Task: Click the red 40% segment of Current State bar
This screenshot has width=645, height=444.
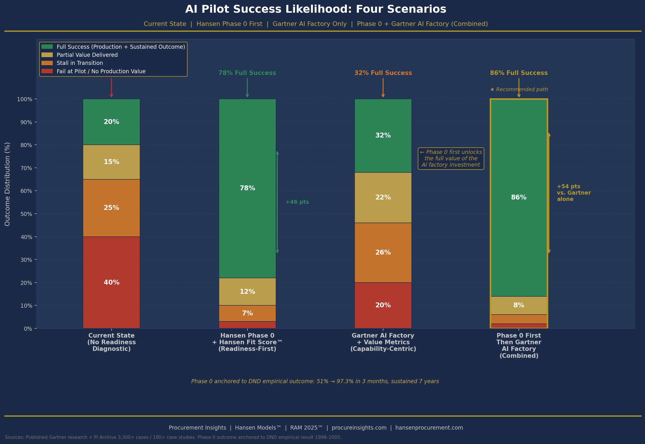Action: click(111, 282)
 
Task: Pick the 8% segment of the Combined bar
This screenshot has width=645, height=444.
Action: click(519, 305)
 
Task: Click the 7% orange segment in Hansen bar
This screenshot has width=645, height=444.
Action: click(247, 313)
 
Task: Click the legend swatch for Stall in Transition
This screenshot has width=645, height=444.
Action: click(47, 63)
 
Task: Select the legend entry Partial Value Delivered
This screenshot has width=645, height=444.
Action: click(87, 55)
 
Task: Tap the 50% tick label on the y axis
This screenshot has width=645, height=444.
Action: click(26, 214)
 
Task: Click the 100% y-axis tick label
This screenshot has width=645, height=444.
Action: click(25, 99)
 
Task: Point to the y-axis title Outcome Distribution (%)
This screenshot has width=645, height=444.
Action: click(7, 184)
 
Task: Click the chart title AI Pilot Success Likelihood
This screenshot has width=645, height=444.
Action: click(315, 9)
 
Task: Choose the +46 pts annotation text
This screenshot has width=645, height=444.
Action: click(297, 202)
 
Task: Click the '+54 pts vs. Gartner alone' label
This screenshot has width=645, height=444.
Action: click(573, 193)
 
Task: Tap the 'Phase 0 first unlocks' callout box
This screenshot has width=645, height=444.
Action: click(451, 159)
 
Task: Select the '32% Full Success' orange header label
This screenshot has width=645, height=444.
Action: click(383, 73)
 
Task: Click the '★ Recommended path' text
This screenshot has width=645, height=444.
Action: click(519, 89)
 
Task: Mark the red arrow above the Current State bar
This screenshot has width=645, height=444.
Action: click(111, 87)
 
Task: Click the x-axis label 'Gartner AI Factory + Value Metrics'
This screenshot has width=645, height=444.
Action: click(383, 342)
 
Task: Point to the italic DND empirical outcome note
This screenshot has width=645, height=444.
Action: click(315, 381)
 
